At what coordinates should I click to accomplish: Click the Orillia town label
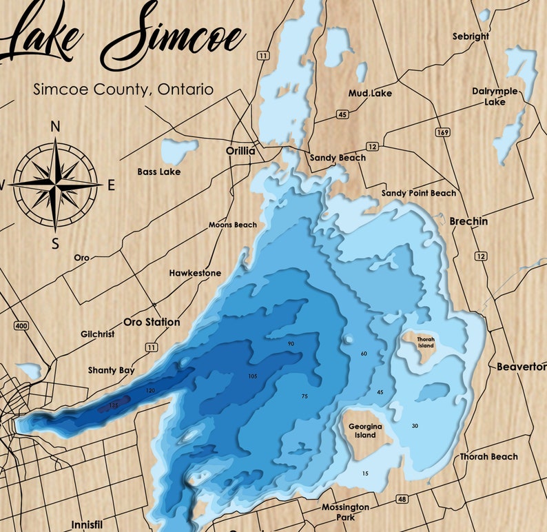(240, 151)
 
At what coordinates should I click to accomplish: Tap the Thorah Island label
(426, 342)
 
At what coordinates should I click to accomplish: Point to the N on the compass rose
(56, 126)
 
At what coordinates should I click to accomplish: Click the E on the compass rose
(111, 185)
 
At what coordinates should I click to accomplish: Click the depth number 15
(365, 473)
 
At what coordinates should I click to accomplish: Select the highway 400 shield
(21, 325)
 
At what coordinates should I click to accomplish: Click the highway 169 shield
(442, 131)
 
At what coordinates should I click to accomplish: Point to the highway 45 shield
(342, 114)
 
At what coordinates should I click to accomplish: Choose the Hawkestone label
(196, 274)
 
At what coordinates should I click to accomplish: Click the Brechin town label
(468, 222)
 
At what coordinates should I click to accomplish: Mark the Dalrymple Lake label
(494, 96)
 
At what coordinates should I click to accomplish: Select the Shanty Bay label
(112, 371)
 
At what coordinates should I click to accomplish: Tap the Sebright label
(471, 36)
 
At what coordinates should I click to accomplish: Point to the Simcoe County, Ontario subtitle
(123, 90)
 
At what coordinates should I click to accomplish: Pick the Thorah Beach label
(489, 457)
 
